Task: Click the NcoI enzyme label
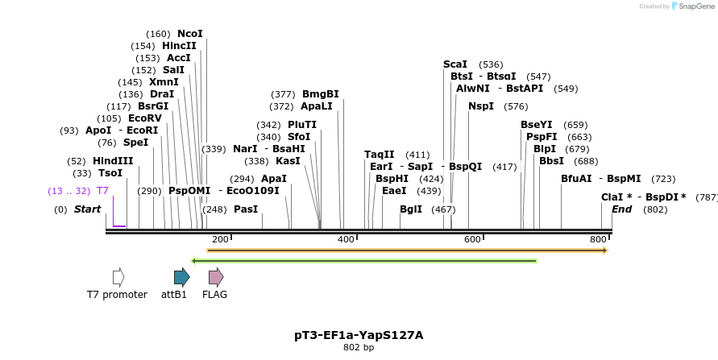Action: pyautogui.click(x=190, y=34)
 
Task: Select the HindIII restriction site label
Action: pyautogui.click(x=113, y=161)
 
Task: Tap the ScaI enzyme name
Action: pyautogui.click(x=455, y=64)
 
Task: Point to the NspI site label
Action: pyautogui.click(x=481, y=106)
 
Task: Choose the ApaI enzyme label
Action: pyautogui.click(x=274, y=179)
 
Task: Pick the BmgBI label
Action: pyautogui.click(x=321, y=94)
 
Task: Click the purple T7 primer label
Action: pyautogui.click(x=102, y=191)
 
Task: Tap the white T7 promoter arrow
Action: pyautogui.click(x=118, y=278)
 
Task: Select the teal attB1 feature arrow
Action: pyautogui.click(x=181, y=278)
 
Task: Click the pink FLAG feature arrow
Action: pyautogui.click(x=215, y=278)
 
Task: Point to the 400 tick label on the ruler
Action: pyautogui.click(x=346, y=239)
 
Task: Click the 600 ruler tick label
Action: pyautogui.click(x=472, y=239)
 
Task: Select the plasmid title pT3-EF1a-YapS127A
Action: pyautogui.click(x=359, y=335)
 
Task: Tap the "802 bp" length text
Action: pyautogui.click(x=359, y=348)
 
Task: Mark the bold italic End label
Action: pyautogui.click(x=622, y=209)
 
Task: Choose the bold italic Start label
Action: pyautogui.click(x=88, y=209)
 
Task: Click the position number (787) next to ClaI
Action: pyautogui.click(x=707, y=197)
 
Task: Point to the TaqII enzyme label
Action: pyautogui.click(x=380, y=155)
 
